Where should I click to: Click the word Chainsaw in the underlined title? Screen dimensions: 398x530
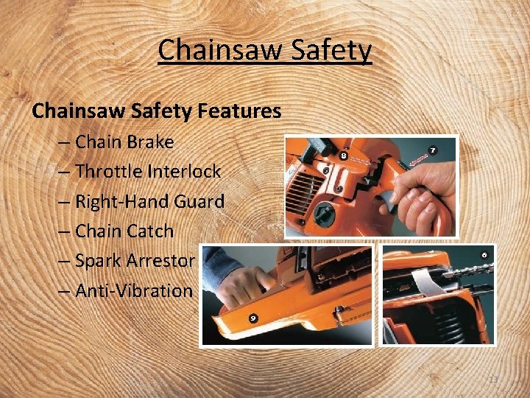[214, 51]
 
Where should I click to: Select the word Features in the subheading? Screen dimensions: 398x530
[238, 111]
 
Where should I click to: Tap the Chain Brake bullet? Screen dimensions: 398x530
[124, 142]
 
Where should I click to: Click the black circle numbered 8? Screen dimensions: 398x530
[343, 156]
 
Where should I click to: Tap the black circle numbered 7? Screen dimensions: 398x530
[433, 150]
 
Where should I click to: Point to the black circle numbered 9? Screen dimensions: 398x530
[252, 317]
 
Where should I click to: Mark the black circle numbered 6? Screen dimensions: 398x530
[484, 255]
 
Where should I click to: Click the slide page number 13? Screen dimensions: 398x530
[493, 380]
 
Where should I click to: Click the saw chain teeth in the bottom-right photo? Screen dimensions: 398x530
[464, 272]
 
